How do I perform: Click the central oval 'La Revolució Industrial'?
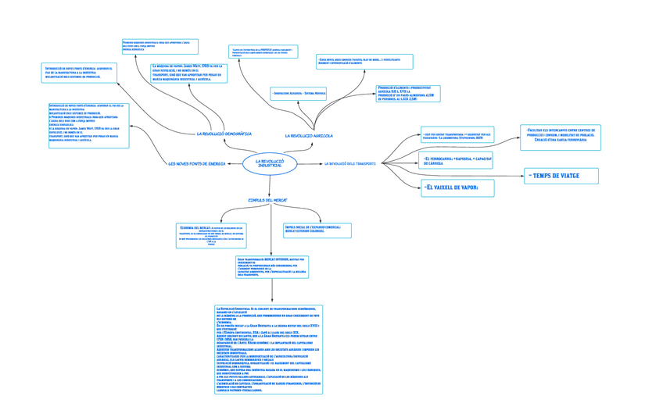click(270, 164)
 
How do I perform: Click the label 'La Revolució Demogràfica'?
click(224, 134)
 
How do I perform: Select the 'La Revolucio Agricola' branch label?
click(309, 136)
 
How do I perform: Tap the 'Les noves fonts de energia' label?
click(196, 164)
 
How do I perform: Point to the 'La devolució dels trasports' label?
click(349, 164)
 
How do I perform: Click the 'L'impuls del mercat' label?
click(267, 201)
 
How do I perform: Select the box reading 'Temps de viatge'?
click(561, 176)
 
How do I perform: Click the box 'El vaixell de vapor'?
click(458, 187)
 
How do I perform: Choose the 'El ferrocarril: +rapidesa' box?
click(457, 161)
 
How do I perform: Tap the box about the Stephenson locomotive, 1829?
click(457, 135)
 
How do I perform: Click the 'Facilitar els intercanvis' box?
click(560, 136)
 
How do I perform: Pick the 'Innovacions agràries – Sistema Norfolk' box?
click(299, 94)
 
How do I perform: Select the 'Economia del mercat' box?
click(211, 235)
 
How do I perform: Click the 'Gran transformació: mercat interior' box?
click(271, 267)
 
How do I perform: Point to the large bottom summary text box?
click(268, 348)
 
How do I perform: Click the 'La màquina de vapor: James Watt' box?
click(188, 73)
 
